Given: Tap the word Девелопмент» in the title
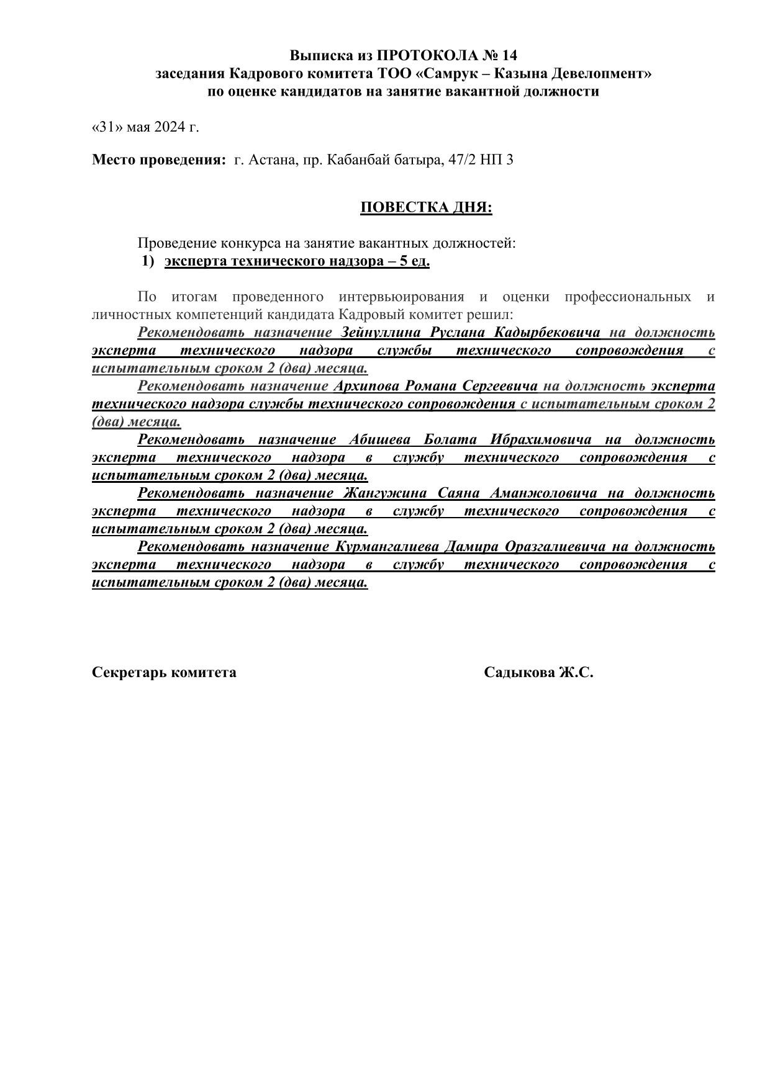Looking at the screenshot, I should tap(600, 73).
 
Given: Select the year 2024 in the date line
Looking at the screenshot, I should tap(170, 127).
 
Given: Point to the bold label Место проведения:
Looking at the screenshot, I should tap(160, 160).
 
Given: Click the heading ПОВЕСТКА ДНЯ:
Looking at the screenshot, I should tap(426, 207).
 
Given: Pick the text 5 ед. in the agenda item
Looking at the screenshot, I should tap(415, 261).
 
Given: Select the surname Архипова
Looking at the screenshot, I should tap(366, 386).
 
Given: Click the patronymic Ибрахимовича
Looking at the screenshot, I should tap(540, 440).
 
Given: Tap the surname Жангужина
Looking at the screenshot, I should tap(384, 493).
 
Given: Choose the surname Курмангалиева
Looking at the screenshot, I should tap(387, 547).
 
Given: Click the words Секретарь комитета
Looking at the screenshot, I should tap(164, 672).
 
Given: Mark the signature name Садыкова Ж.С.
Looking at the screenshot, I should tap(538, 672).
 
